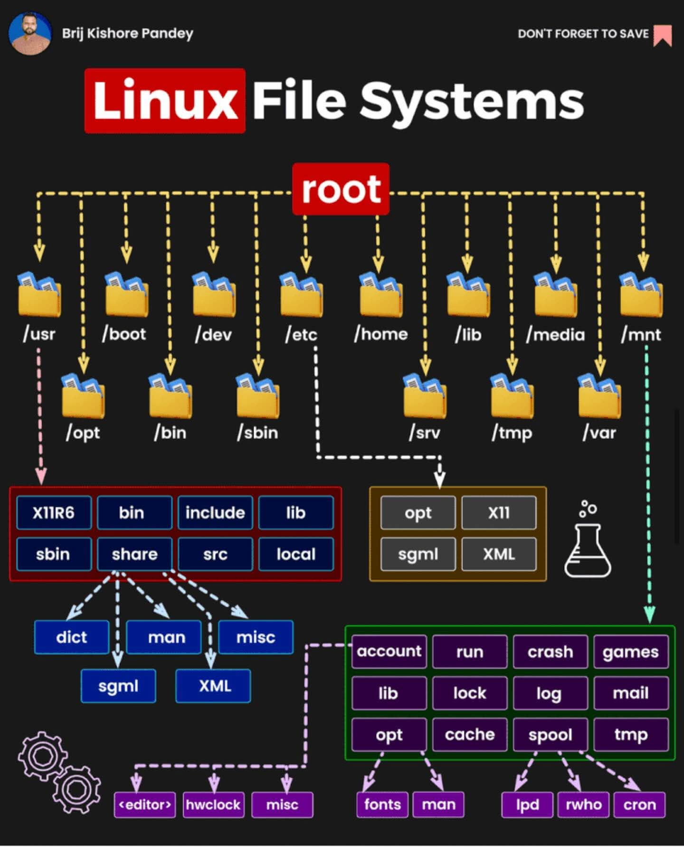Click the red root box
[341, 189]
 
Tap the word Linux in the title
[165, 101]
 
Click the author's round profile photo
[30, 33]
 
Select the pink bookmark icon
[663, 35]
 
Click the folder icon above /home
[381, 295]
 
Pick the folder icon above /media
[555, 295]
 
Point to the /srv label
[424, 433]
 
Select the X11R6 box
[54, 513]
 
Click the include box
[215, 513]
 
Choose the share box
[134, 554]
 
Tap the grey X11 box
[499, 513]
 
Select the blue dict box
[72, 637]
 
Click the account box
[389, 652]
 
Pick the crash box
[550, 652]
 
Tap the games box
[631, 652]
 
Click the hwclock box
[213, 805]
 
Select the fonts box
[382, 804]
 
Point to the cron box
[639, 805]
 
